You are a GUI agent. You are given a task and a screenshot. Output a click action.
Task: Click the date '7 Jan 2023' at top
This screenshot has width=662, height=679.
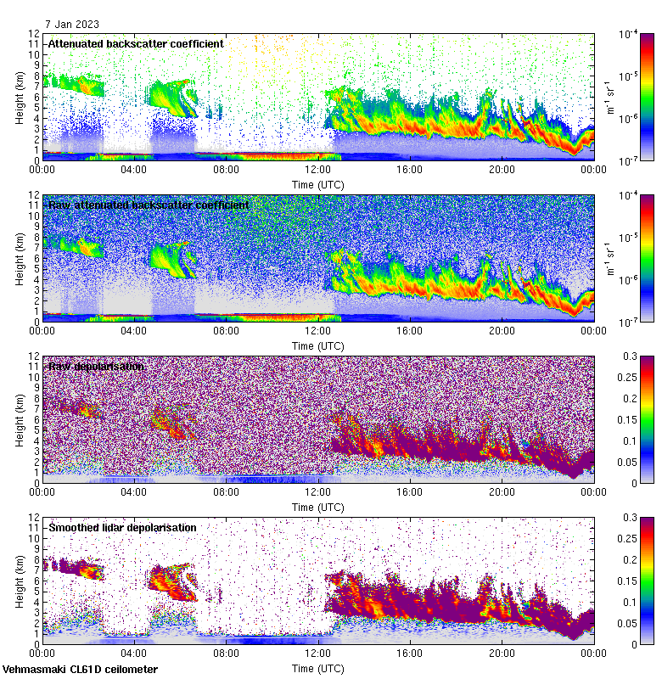click(x=72, y=25)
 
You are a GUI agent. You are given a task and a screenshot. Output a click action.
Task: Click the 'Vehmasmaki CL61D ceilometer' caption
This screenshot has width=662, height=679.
click(x=80, y=670)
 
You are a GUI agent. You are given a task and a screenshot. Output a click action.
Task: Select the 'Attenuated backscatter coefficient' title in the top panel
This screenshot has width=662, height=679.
click(x=136, y=43)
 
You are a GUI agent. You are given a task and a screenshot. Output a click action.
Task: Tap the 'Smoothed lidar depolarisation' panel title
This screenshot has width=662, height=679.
click(x=122, y=527)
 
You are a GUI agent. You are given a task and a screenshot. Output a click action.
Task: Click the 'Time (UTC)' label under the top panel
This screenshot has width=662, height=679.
click(x=318, y=184)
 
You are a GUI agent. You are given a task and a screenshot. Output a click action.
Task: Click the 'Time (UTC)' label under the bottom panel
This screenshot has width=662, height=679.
click(x=318, y=668)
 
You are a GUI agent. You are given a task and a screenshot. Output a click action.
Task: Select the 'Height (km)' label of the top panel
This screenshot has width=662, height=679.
click(x=20, y=96)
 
